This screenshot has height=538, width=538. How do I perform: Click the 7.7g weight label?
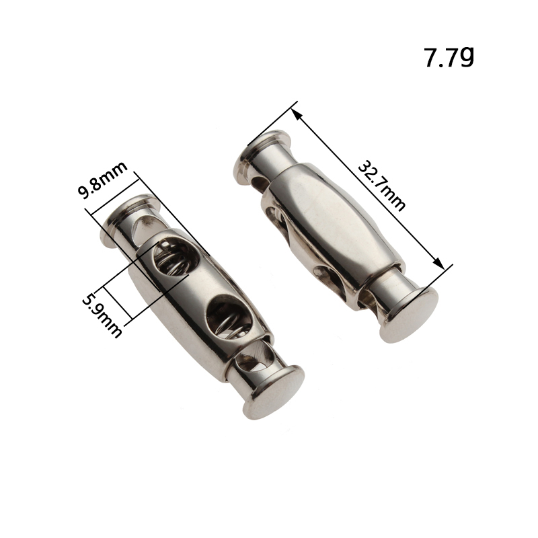pos(449,57)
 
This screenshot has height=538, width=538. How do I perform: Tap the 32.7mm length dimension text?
pos(381,186)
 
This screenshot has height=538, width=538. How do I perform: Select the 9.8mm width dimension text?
pos(103,180)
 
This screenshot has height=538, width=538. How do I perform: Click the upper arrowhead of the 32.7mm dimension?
pos(297,114)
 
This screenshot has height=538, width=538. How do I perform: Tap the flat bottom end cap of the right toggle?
pos(410,314)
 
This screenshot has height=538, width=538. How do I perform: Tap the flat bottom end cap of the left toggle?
pos(274,392)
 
